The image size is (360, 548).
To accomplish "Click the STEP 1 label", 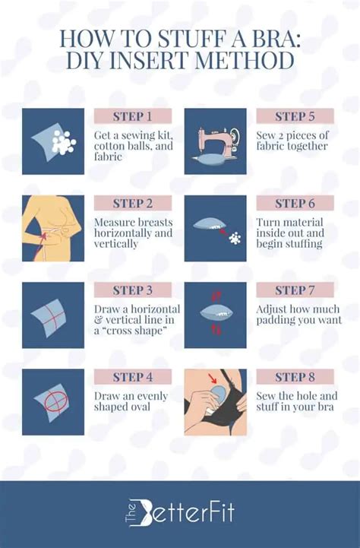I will pos(133,116).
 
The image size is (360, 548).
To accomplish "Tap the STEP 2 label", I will pos(133,203).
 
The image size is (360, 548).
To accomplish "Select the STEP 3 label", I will pos(133,290).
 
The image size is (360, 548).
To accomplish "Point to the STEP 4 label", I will pos(133,377).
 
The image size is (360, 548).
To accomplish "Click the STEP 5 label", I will pos(295,116).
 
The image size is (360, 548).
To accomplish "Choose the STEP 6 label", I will pos(295,203).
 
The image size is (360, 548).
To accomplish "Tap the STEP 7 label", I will pos(295,290).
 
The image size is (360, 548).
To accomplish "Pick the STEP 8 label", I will pos(295,377).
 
